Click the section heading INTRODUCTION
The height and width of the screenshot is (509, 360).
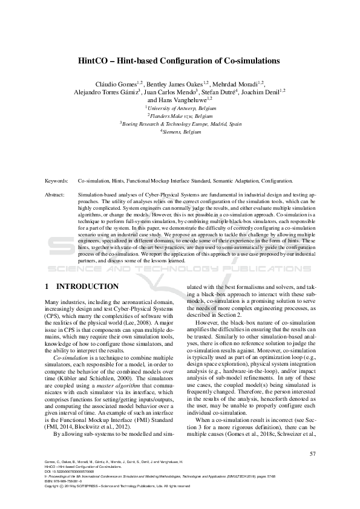click(x=87, y=285)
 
